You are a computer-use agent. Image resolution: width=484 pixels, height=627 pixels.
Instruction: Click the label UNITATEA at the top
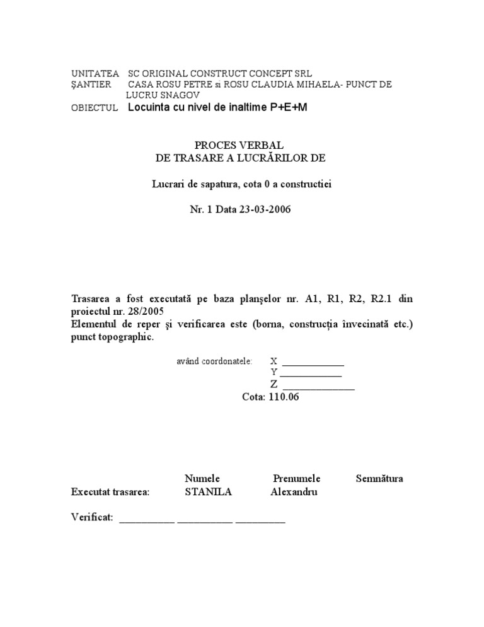95,74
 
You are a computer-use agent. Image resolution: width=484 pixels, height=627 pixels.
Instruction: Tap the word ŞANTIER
91,85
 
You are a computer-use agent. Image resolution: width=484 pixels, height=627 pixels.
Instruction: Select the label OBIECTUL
95,108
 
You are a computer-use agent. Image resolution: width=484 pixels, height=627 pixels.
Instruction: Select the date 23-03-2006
265,211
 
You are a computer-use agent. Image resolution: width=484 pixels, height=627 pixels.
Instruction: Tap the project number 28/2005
149,311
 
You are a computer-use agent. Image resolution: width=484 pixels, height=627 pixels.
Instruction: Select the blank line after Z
318,386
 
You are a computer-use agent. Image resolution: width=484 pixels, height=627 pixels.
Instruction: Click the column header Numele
202,478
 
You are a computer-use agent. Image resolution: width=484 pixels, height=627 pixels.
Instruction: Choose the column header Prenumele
297,478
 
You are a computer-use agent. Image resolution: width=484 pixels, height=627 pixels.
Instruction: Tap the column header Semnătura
379,478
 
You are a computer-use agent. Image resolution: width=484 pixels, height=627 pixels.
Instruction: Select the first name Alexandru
294,492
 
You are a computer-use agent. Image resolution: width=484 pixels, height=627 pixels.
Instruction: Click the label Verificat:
92,517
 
